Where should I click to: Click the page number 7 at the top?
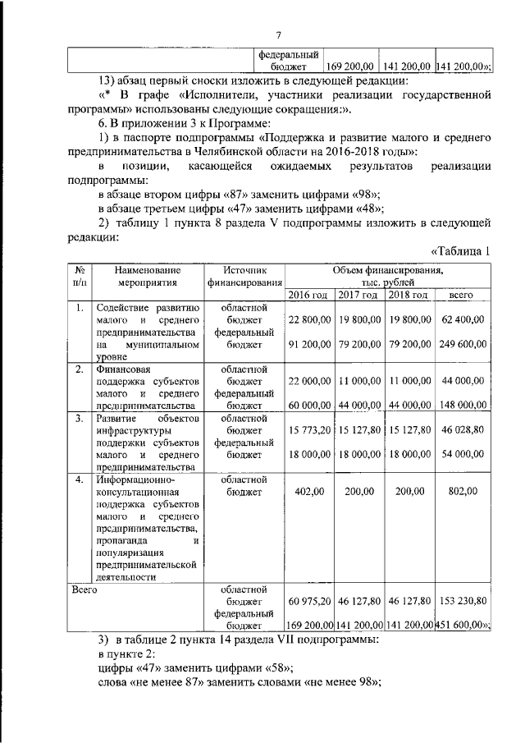coord(278,34)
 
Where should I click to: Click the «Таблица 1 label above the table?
coord(460,251)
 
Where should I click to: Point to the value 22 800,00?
coord(308,321)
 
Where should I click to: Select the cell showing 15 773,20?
coord(308,429)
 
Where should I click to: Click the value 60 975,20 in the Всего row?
coord(308,601)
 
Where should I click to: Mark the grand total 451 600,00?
coord(463,625)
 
